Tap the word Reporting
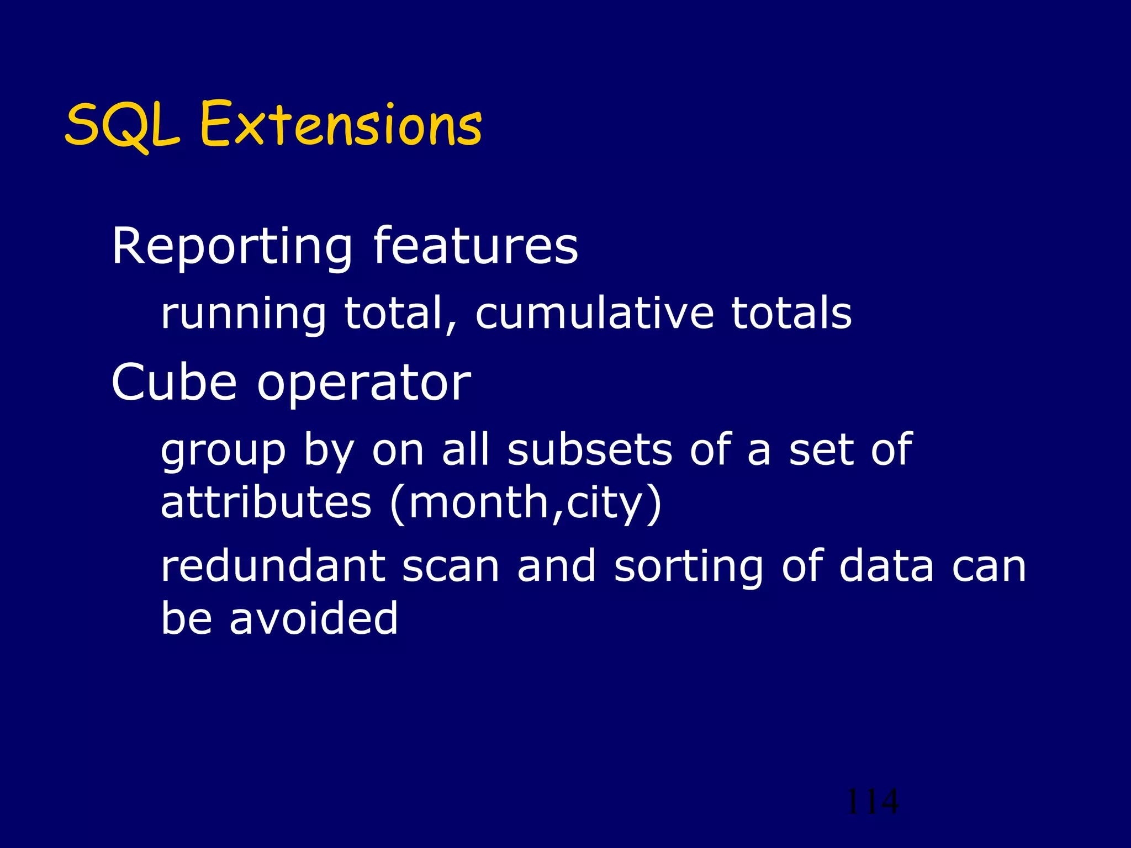click(232, 247)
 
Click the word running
click(244, 314)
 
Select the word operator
click(364, 383)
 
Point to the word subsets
click(590, 449)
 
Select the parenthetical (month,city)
click(525, 503)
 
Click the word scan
click(451, 567)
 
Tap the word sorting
click(689, 567)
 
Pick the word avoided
click(313, 618)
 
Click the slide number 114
click(873, 802)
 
